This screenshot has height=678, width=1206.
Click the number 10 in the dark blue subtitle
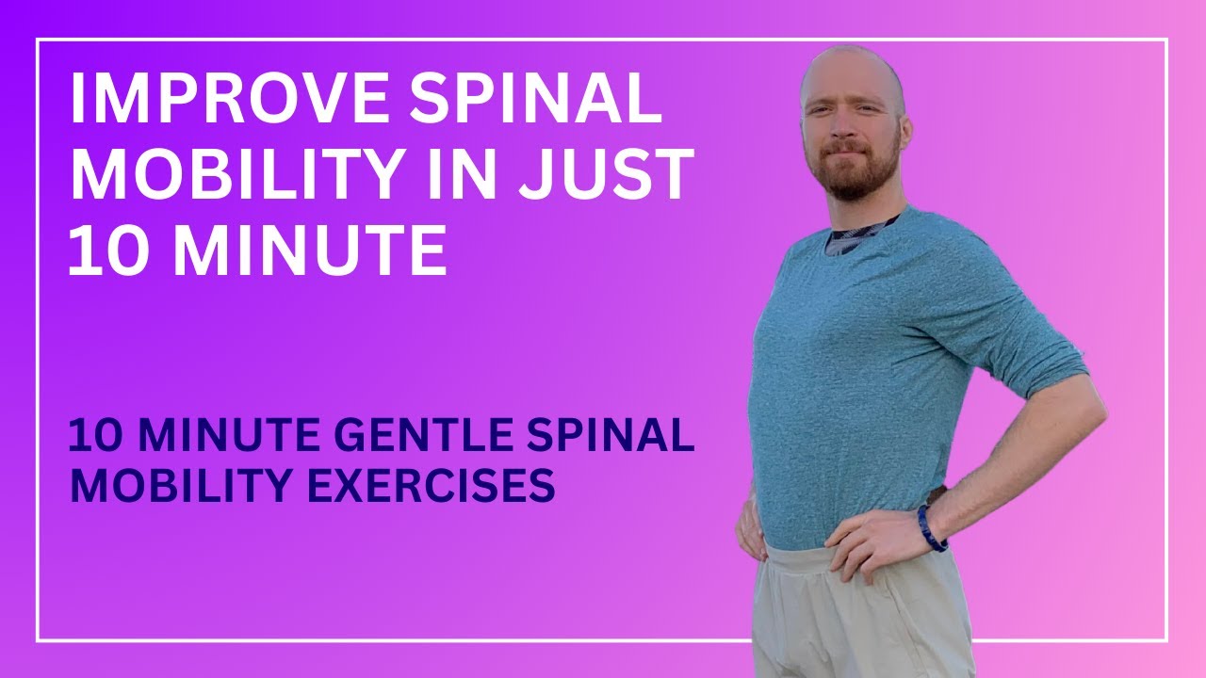[93, 438]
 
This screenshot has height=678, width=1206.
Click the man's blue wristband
[931, 528]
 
